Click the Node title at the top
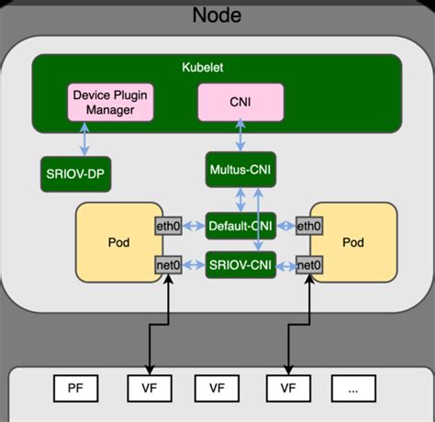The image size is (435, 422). coord(217,16)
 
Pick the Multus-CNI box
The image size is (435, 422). coord(240,170)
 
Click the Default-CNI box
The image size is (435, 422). coord(240,226)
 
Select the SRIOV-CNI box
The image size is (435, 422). coord(240,265)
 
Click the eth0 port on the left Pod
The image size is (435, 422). coord(167,226)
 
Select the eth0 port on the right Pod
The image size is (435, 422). coord(311,226)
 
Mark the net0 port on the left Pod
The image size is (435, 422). coord(167,265)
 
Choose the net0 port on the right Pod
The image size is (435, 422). coord(311,265)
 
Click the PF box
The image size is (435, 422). coord(75,388)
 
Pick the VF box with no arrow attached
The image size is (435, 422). coord(217,388)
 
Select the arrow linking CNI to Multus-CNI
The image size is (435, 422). coord(240,137)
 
